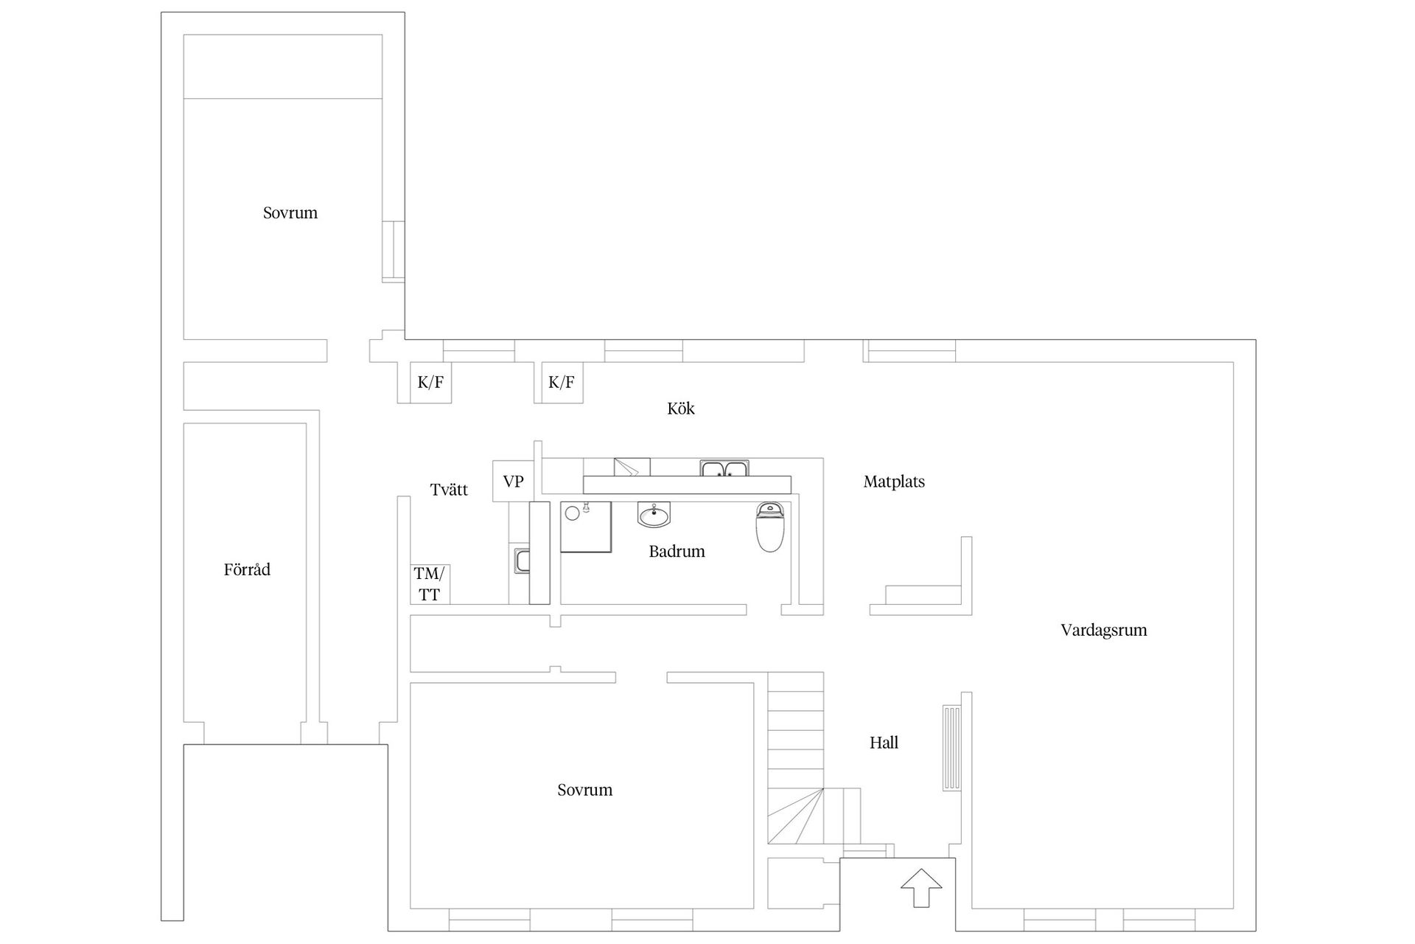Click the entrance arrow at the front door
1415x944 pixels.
[921, 888]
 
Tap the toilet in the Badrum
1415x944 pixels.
[770, 527]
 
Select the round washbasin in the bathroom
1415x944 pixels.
[654, 515]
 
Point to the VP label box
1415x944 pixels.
[513, 482]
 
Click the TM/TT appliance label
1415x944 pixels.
[430, 584]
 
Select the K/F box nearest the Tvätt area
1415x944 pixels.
[430, 382]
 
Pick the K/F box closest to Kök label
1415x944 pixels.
[562, 382]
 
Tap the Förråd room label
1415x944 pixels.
[247, 569]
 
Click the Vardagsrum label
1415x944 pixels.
[1104, 631]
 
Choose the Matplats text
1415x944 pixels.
[894, 482]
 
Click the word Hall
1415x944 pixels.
[884, 743]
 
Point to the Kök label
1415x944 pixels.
[681, 408]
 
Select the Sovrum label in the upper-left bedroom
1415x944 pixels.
[290, 213]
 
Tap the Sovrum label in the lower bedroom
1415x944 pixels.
[585, 790]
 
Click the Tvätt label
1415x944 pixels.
[449, 489]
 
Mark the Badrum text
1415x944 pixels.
[677, 551]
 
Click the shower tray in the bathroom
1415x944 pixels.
[586, 527]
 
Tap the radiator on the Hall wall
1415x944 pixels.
[951, 749]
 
